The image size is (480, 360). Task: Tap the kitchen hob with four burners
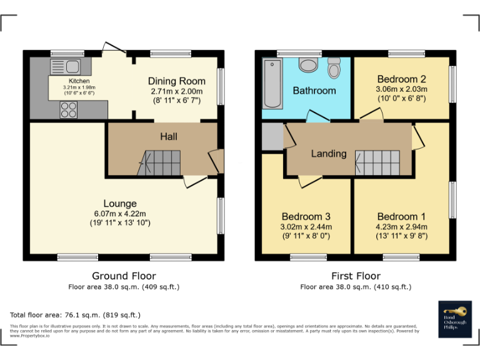pyautogui.click(x=68, y=110)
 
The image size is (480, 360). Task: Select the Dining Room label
pyautogui.click(x=177, y=81)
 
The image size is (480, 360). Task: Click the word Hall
pyautogui.click(x=169, y=136)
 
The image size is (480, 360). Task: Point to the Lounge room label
pyautogui.click(x=120, y=203)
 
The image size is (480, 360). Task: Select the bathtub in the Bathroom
pyautogui.click(x=272, y=84)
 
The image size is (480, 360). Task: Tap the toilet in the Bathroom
pyautogui.click(x=334, y=67)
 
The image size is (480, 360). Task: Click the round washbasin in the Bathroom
pyautogui.click(x=307, y=64)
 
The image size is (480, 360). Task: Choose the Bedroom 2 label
pyautogui.click(x=401, y=79)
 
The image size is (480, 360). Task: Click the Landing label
pyautogui.click(x=329, y=153)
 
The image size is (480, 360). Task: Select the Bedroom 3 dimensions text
pyautogui.click(x=306, y=232)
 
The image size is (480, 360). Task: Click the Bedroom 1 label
pyautogui.click(x=401, y=216)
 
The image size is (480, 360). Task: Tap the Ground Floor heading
pyautogui.click(x=124, y=276)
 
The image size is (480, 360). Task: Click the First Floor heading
pyautogui.click(x=356, y=276)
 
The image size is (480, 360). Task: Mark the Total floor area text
pyautogui.click(x=76, y=315)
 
